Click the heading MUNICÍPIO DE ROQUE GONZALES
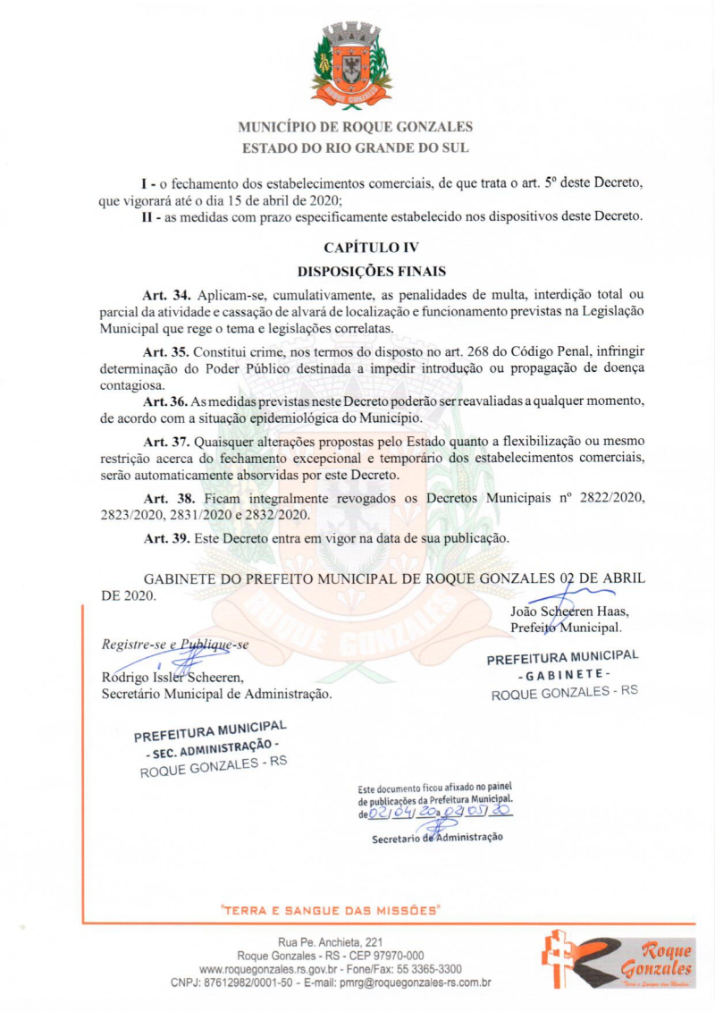pyautogui.click(x=355, y=127)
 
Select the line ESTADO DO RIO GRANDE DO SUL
pyautogui.click(x=355, y=148)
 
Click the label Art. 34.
pyautogui.click(x=166, y=294)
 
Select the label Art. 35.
pyautogui.click(x=166, y=353)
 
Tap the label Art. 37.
pyautogui.click(x=166, y=442)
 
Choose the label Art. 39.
pyautogui.click(x=166, y=539)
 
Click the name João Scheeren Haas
pyautogui.click(x=568, y=612)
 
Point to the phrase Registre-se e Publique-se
pyautogui.click(x=175, y=645)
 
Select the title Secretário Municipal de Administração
pyautogui.click(x=217, y=693)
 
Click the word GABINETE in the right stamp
pyautogui.click(x=564, y=674)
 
